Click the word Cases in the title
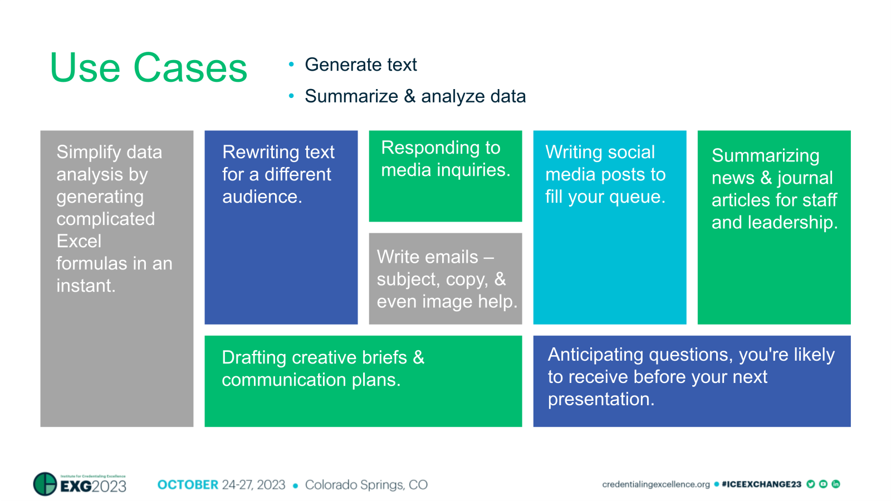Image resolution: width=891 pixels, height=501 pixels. click(190, 68)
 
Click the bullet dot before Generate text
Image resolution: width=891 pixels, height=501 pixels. click(291, 65)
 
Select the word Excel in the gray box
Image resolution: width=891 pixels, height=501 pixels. click(79, 241)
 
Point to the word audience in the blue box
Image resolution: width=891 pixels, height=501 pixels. click(261, 197)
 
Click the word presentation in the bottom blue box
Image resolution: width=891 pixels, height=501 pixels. click(600, 399)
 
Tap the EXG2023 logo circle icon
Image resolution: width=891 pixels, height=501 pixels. click(45, 484)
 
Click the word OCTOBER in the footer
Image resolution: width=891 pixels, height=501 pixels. click(188, 485)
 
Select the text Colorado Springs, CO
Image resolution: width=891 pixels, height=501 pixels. click(366, 485)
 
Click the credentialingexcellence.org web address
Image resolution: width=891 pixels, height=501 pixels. click(655, 484)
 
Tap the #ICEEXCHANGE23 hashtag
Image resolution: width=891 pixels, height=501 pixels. click(761, 484)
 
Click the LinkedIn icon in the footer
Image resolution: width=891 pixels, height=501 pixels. click(835, 484)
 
